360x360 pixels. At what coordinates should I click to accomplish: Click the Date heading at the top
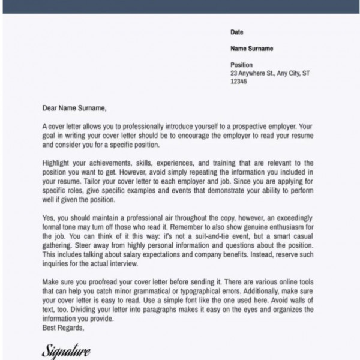(237, 32)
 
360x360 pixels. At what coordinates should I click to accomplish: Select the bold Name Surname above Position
(251, 49)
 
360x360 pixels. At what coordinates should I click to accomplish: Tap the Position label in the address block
(242, 65)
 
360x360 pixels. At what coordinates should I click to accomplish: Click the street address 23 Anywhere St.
(252, 73)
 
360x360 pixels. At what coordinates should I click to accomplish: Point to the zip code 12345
(239, 82)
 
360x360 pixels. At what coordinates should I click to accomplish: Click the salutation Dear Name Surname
(74, 109)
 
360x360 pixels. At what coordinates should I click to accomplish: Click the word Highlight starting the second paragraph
(57, 163)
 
